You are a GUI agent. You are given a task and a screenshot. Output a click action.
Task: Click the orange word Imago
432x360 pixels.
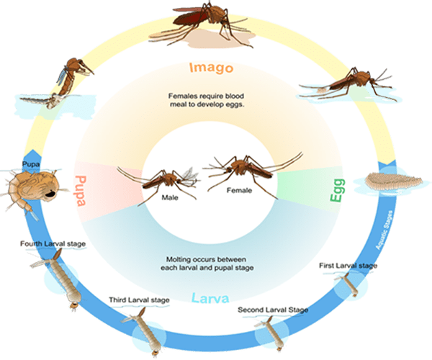211,68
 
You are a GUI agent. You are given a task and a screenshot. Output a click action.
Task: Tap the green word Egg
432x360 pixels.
338,190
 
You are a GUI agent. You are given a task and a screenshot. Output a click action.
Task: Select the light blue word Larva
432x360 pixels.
210,298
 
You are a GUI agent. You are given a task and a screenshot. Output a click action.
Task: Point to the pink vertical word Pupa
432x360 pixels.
81,191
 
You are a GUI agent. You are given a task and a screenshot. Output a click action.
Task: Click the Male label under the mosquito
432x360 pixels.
170,197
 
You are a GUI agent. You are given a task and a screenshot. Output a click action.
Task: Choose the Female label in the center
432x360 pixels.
239,190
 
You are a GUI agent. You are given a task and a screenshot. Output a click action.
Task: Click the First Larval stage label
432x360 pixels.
348,266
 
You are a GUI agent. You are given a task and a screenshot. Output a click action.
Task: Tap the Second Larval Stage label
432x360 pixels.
273,310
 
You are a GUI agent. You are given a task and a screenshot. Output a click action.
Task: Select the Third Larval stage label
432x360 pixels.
139,300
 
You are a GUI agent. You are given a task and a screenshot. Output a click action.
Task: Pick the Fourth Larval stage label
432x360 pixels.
53,244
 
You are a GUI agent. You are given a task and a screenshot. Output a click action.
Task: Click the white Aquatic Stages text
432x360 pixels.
384,230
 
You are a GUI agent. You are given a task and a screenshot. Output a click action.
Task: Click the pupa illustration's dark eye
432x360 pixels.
50,194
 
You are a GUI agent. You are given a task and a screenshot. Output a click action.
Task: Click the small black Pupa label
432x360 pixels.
31,164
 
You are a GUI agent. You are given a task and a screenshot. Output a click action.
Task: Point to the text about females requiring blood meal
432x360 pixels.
207,100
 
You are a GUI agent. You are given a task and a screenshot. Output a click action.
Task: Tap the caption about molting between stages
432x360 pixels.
207,264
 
